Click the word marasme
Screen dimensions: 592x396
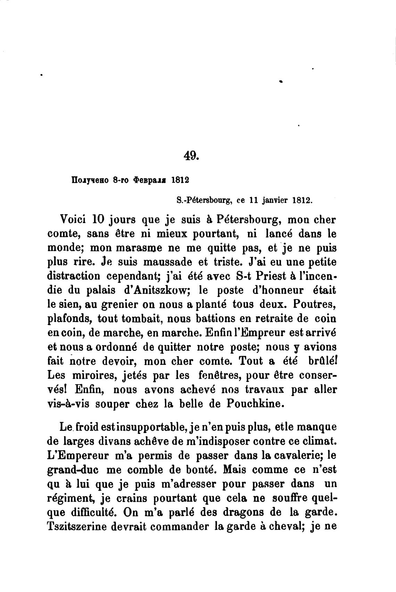click(119, 248)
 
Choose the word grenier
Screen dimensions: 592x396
click(118, 305)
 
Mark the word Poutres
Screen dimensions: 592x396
click(314, 305)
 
